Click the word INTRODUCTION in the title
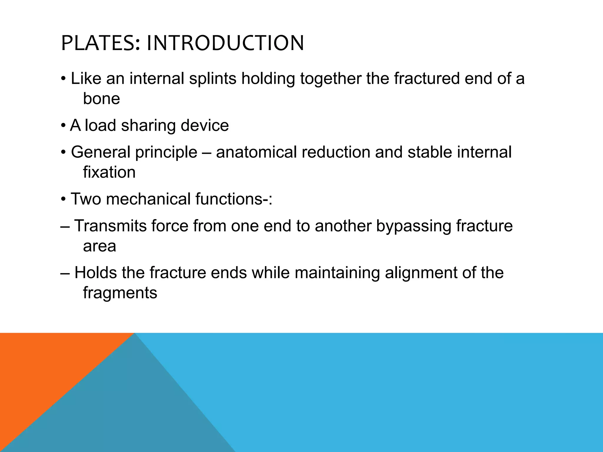(x=225, y=43)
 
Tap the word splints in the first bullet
(x=213, y=79)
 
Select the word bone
(x=101, y=99)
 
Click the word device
(x=205, y=125)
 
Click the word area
(x=100, y=246)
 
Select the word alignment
(x=421, y=272)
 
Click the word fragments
(x=120, y=293)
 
